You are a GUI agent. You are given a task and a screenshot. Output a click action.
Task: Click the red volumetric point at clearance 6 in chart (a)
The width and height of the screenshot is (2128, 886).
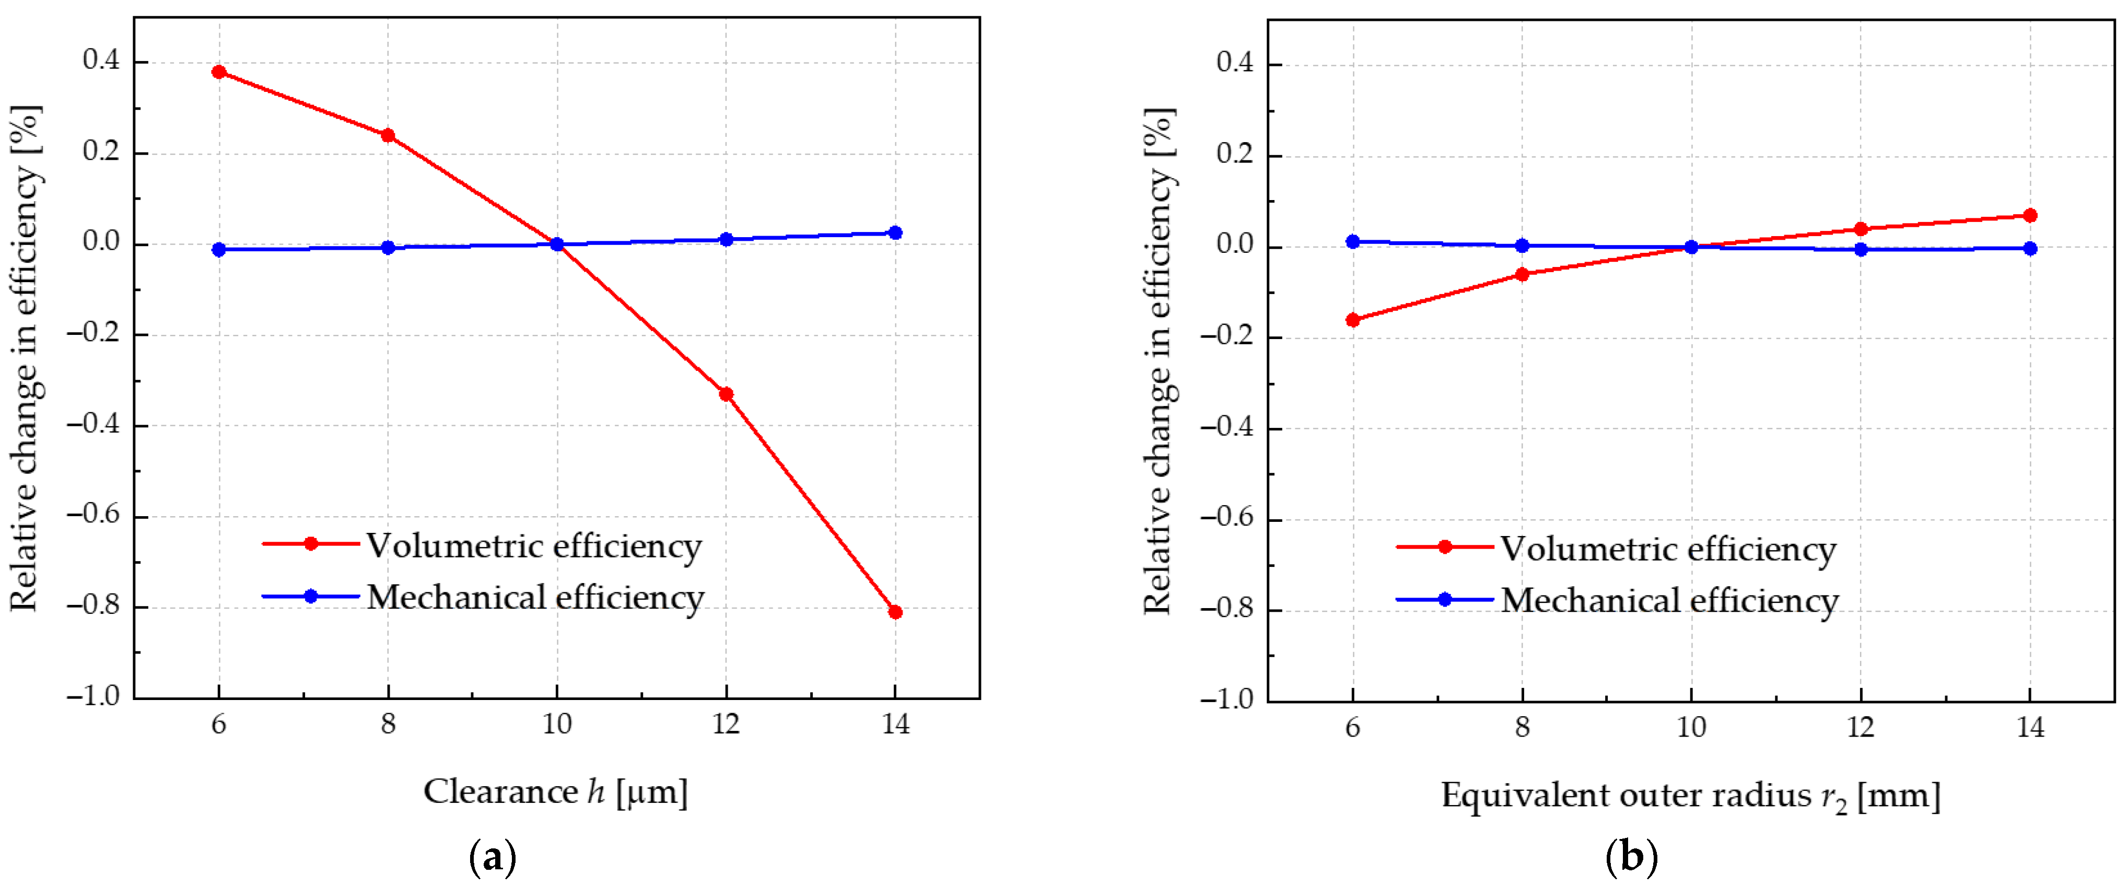click(219, 72)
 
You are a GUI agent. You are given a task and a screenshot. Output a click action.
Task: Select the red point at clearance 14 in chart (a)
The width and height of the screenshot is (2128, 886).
click(895, 612)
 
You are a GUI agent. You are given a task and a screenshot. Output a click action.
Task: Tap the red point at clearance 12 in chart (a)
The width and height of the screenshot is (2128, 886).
click(726, 394)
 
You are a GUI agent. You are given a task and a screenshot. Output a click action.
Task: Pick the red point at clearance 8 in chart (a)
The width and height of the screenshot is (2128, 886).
click(388, 135)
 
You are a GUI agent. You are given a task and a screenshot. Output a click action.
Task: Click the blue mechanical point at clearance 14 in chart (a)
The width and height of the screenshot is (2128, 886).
click(895, 233)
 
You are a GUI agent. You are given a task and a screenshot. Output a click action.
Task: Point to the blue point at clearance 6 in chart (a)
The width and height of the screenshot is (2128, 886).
click(219, 250)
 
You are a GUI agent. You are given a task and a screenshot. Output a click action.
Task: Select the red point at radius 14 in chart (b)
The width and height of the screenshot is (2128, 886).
click(2030, 216)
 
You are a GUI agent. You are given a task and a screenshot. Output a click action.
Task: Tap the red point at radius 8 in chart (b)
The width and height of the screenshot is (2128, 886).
click(1523, 274)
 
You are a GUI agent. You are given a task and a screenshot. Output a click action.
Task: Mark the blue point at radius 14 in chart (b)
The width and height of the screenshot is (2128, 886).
click(2030, 249)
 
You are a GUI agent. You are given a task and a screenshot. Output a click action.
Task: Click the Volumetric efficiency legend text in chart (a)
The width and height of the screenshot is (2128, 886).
click(534, 546)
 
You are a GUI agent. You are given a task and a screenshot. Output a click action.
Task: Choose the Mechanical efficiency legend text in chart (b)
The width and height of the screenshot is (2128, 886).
click(1669, 601)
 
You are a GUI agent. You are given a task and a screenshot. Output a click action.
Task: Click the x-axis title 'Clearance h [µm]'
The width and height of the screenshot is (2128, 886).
click(556, 792)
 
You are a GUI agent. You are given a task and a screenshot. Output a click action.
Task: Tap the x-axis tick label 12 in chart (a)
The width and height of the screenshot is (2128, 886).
click(726, 725)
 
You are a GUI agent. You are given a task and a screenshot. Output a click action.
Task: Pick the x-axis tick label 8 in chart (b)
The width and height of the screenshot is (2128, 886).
click(1523, 727)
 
